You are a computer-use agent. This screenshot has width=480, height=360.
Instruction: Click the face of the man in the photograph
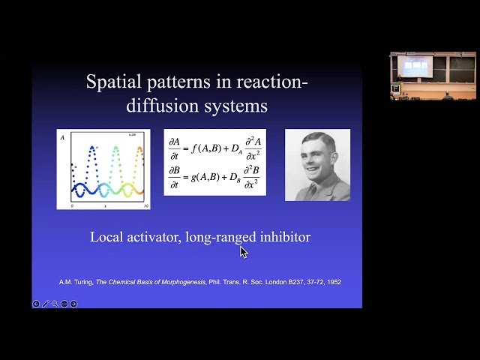pyautogui.click(x=316, y=161)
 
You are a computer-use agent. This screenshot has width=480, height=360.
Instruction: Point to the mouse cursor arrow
pyautogui.click(x=243, y=251)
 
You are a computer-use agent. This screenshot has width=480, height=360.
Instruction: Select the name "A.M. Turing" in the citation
pyautogui.click(x=76, y=282)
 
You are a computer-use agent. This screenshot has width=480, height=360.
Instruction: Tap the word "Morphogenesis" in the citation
pyautogui.click(x=183, y=282)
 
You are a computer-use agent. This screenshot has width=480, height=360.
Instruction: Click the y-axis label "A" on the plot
pyautogui.click(x=62, y=138)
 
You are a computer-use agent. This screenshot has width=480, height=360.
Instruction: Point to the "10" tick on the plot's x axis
pyautogui.click(x=146, y=205)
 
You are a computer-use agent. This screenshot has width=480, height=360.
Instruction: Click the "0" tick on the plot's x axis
pyautogui.click(x=72, y=205)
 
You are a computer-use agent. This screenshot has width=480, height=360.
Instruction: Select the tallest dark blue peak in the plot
pyautogui.click(x=91, y=148)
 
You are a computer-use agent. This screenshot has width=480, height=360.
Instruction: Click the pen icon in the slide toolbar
pyautogui.click(x=46, y=304)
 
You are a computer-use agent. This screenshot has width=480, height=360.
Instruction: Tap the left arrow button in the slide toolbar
pyautogui.click(x=36, y=304)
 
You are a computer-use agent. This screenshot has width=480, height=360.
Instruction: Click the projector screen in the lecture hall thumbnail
pyautogui.click(x=414, y=65)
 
